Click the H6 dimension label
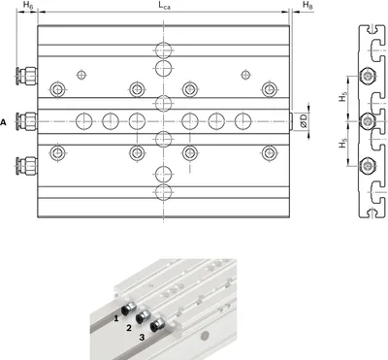27,5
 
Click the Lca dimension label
164,5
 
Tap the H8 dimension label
307,5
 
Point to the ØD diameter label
304,121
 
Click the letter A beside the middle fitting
3,122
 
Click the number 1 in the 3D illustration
116,318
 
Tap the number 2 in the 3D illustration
129,328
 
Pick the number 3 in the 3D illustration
142,338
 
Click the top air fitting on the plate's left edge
26,76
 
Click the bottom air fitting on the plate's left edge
26,166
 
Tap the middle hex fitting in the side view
367,121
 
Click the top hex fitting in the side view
367,76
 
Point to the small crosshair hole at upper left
81,75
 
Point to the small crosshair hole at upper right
245,75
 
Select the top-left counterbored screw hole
58,89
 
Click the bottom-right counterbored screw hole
270,153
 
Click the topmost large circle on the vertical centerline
164,50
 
